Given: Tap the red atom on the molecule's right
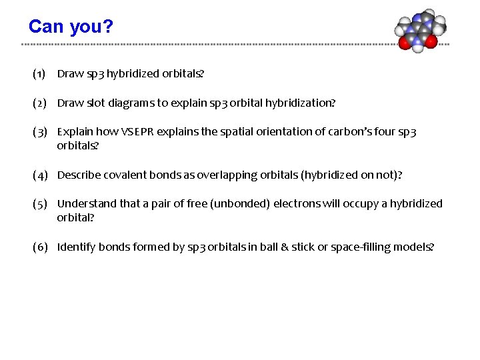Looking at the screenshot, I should (431, 41).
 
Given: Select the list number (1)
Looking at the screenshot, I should (39, 74).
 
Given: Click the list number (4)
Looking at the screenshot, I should (39, 175).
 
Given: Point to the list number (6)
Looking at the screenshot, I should (39, 247).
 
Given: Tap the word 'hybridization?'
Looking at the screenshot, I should (301, 103).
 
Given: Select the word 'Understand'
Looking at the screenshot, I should (83, 204).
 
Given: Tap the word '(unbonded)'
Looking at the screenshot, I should (236, 204).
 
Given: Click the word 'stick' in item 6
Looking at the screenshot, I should (305, 247).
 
